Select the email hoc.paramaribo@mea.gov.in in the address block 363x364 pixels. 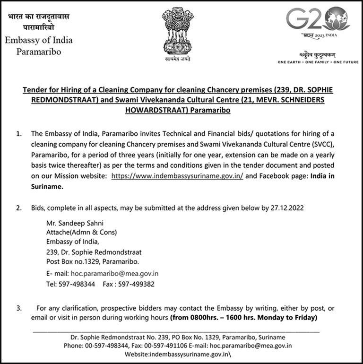pyautogui.click(x=114, y=273)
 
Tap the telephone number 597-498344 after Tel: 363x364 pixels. pyautogui.click(x=77, y=284)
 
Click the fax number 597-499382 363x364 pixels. pyautogui.click(x=137, y=284)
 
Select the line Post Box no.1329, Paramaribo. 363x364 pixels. pyautogui.click(x=92, y=261)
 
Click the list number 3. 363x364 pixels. pyautogui.click(x=19, y=308)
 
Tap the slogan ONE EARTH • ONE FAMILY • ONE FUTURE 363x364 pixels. pyautogui.click(x=318, y=62)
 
